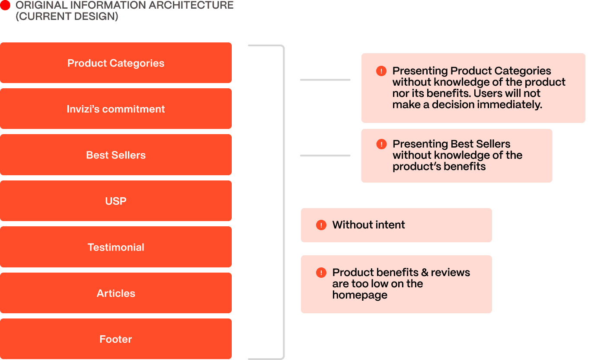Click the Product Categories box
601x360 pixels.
coord(115,63)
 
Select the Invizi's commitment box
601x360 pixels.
coord(115,109)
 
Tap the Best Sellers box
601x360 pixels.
coord(115,155)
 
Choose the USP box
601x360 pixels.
coord(115,201)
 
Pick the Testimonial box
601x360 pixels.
coord(115,247)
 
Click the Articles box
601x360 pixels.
coord(115,293)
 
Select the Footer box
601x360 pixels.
coord(115,339)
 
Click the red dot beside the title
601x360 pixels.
coord(5,5)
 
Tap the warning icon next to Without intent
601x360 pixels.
coord(321,225)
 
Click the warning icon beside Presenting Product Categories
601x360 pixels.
coord(381,71)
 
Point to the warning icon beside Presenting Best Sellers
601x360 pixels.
coord(381,144)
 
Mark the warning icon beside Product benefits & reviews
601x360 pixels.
coord(321,273)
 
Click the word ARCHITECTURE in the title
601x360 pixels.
coord(191,5)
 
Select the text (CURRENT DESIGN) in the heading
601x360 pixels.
coord(67,16)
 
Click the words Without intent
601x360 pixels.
coord(368,225)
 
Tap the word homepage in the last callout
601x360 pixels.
coord(360,295)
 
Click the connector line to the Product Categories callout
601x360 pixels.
coord(325,80)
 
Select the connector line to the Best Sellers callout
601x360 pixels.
coord(325,155)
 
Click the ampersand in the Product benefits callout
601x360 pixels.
coord(425,273)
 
